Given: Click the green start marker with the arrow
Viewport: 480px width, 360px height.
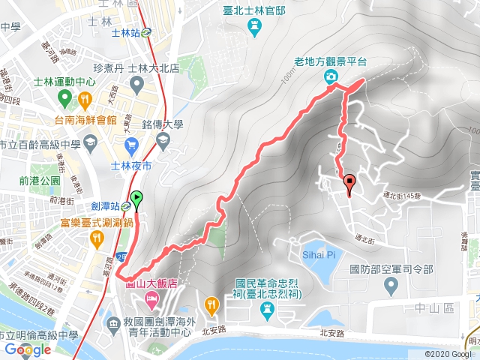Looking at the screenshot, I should [136, 199].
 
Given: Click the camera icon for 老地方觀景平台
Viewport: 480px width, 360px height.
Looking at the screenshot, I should [331, 77].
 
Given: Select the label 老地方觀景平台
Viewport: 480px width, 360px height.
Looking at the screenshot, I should [331, 62].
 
